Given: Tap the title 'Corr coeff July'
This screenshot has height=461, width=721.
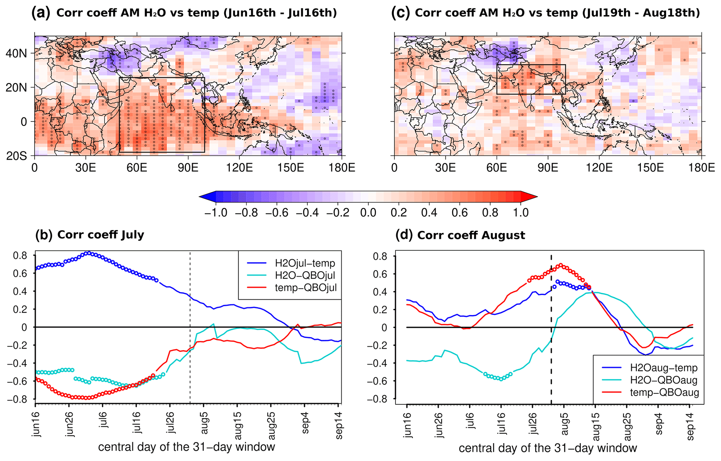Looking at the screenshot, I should coord(100,235).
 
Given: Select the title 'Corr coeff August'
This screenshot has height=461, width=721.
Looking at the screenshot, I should coord(471,235).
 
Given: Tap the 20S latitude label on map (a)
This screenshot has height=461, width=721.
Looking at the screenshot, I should coord(16,156).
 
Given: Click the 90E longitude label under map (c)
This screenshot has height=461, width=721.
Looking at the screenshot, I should coord(548,168).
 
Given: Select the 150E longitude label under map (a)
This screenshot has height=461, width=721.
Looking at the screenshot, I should coord(291,168).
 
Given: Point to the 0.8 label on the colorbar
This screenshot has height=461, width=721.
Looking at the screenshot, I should coord(490,213).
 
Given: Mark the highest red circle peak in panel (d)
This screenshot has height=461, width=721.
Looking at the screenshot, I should coord(560,265).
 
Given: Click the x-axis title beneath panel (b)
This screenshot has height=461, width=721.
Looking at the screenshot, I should coord(187,447).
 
